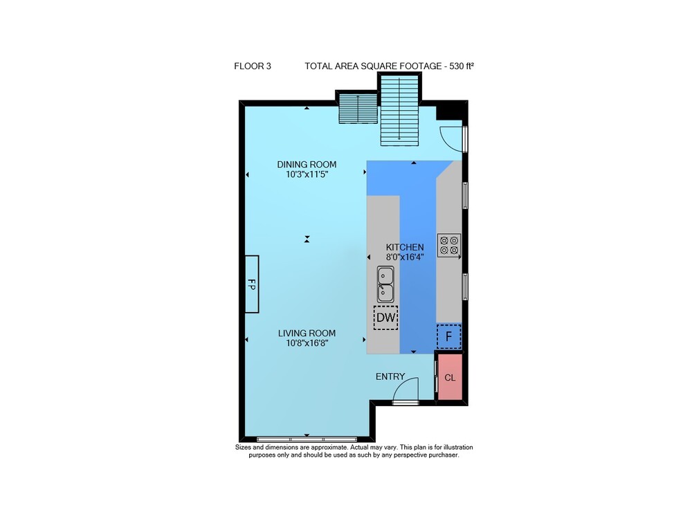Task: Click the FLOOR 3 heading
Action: (253, 66)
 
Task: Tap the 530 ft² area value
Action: (462, 66)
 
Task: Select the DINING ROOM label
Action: (307, 165)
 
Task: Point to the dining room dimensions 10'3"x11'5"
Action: (307, 174)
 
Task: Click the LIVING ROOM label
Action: (307, 334)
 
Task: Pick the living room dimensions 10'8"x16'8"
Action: (307, 343)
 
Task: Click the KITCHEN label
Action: (405, 248)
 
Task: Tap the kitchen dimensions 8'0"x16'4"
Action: (405, 257)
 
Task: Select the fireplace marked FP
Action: (252, 284)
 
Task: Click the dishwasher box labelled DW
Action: (385, 318)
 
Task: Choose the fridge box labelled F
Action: (449, 336)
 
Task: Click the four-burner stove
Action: (449, 245)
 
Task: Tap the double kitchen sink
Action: (385, 284)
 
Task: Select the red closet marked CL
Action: (450, 377)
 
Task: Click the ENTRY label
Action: (390, 376)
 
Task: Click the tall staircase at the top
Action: (399, 109)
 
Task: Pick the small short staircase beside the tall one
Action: (358, 108)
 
